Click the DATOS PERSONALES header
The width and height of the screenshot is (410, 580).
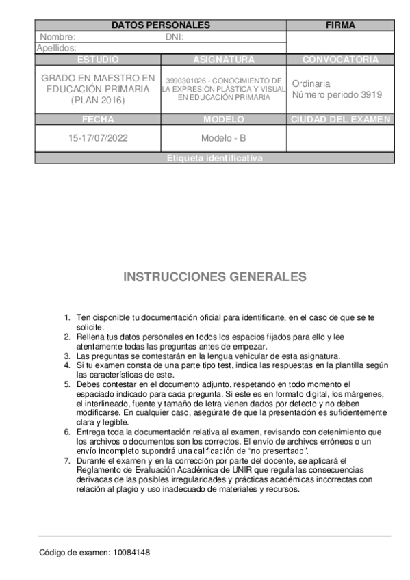pos(160,25)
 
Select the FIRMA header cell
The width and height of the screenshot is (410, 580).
pos(340,25)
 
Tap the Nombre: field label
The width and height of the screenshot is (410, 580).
pos(57,37)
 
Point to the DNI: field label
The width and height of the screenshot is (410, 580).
pos(175,37)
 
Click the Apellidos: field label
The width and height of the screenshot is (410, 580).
pos(56,48)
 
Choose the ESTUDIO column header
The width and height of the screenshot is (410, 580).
pos(98,60)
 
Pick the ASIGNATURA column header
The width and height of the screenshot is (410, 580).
pos(223,60)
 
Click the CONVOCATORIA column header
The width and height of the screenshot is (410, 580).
pos(340,60)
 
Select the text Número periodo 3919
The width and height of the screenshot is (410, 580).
pos(337,95)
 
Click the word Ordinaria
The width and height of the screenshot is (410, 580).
pos(311,83)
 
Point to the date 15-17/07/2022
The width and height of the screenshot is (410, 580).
pos(98,137)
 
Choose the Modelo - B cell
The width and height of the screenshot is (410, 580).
pos(223,137)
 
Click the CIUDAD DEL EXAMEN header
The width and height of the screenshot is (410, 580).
pos(340,119)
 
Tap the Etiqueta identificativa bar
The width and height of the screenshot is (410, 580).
pos(214,158)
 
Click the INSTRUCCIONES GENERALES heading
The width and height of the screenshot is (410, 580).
pos(214,277)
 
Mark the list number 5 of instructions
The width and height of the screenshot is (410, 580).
pos(67,384)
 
